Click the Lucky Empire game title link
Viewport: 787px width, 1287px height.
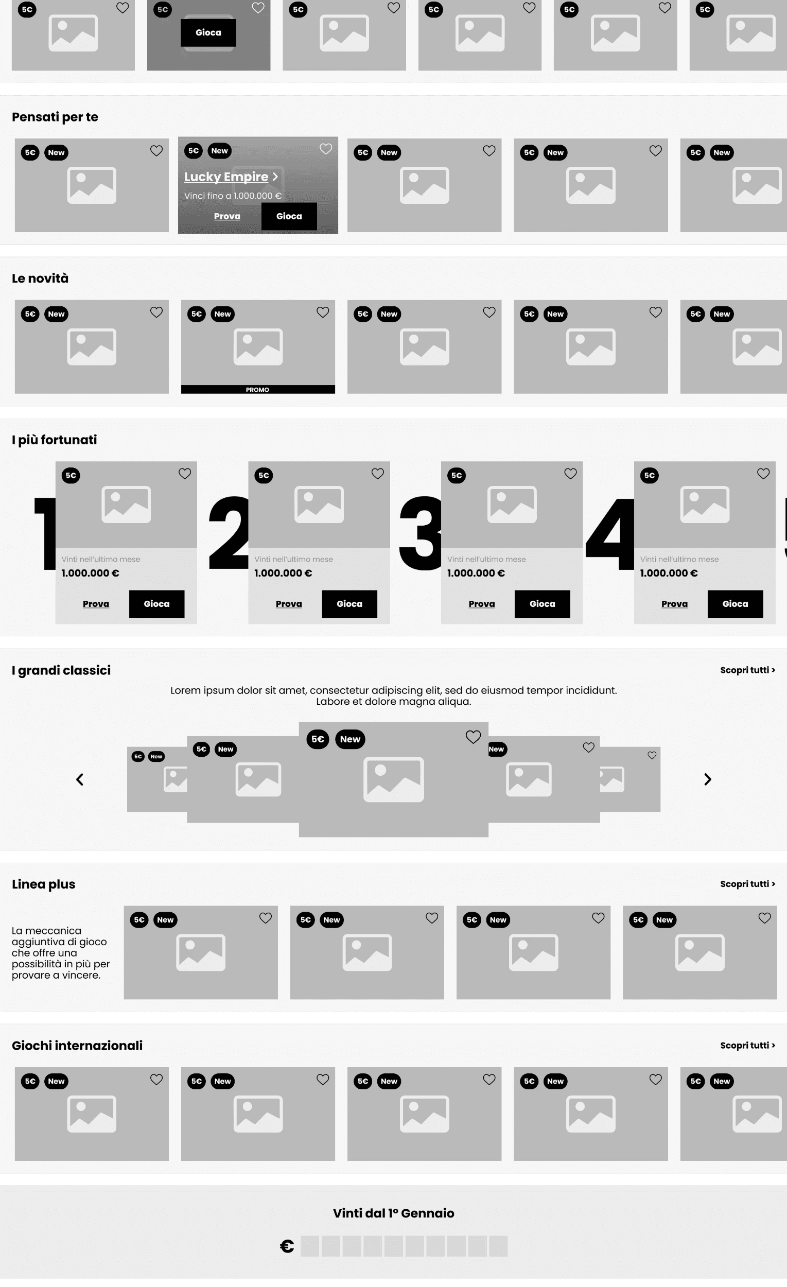coord(230,177)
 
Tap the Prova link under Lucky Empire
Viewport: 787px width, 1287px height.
coord(227,216)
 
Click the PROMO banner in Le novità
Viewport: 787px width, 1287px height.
coord(258,390)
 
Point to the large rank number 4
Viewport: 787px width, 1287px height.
coord(610,534)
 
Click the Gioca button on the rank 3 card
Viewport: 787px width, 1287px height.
coord(542,604)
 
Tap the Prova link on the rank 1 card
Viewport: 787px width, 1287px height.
coord(96,604)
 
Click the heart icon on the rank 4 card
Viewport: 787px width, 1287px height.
coord(763,474)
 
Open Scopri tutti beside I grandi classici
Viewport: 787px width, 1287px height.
coord(747,670)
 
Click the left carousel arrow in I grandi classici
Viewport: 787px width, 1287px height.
coord(80,779)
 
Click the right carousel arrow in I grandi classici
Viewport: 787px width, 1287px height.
coord(708,779)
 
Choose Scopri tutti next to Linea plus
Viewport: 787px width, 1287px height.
coord(747,884)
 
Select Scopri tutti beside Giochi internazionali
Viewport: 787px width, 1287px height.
coord(747,1045)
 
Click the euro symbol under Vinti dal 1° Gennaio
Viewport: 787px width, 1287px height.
coord(287,1246)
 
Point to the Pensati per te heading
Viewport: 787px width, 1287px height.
coord(55,117)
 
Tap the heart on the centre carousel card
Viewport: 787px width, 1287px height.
coord(473,737)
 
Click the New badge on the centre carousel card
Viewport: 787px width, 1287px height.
coord(350,739)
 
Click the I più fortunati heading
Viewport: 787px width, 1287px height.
coord(55,440)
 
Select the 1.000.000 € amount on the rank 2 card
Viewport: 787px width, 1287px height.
coord(283,573)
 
